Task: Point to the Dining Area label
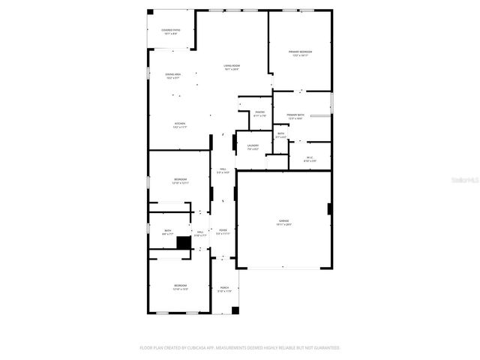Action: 172,76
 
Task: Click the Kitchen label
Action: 180,125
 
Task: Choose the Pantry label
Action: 259,114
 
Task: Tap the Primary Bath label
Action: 294,116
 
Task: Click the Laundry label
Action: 253,147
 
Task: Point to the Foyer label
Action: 223,232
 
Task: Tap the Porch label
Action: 224,289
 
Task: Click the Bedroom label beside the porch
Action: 181,287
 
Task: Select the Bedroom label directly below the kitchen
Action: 181,181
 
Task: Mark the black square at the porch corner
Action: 235,310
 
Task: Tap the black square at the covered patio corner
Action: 150,12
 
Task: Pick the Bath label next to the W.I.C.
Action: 280,136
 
